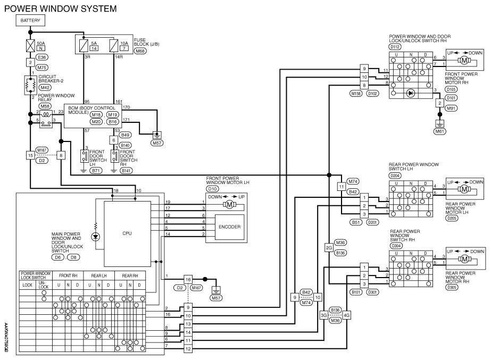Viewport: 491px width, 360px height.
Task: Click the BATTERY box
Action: (30, 21)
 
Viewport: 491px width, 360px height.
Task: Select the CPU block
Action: (127, 233)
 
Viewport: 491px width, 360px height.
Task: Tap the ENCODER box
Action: (229, 227)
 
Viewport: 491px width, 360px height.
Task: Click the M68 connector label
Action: (140, 51)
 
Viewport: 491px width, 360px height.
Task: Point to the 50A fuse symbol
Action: (30, 46)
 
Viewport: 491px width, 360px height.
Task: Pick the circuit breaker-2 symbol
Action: (30, 85)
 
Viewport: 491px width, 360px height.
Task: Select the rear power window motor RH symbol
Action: (464, 259)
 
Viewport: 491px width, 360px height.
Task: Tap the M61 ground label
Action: (439, 131)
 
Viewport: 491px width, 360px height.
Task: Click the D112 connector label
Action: (395, 47)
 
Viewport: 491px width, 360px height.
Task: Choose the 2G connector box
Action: (329, 248)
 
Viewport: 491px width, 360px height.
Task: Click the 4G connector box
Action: (347, 315)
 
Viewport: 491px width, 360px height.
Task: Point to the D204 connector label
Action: (395, 176)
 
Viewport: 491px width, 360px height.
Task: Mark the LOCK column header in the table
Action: (28, 285)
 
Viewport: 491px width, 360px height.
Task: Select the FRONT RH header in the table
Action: (68, 276)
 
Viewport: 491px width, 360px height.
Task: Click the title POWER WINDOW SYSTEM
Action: (61, 9)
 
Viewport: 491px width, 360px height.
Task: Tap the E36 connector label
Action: (41, 57)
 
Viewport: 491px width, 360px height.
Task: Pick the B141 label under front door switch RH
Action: (126, 171)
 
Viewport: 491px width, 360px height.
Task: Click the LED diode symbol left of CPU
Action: (96, 237)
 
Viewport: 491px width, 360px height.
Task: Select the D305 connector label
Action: (452, 287)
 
